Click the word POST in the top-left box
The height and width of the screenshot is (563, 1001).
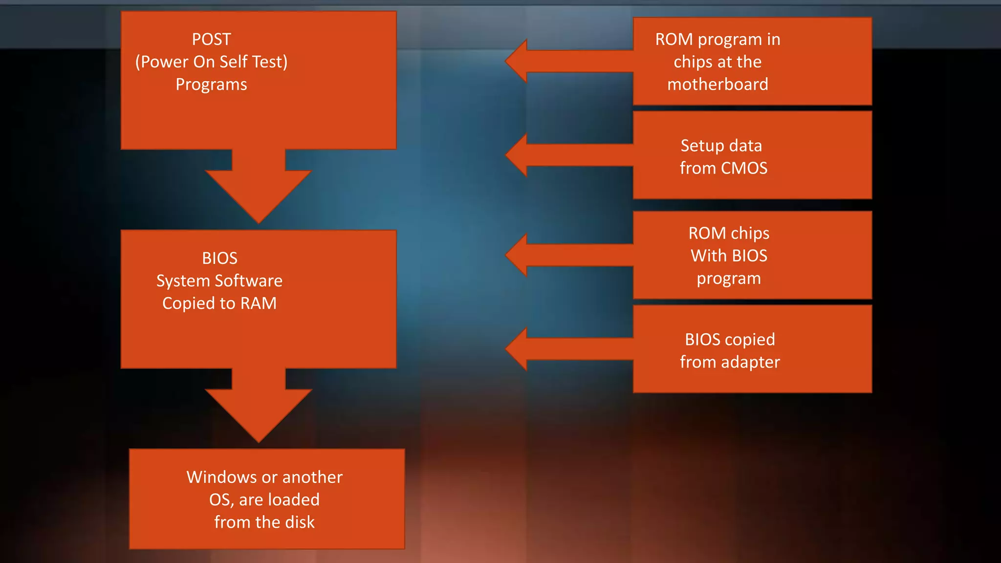(211, 39)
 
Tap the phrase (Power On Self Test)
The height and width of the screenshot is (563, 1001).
(211, 62)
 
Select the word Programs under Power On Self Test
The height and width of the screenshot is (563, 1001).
(211, 85)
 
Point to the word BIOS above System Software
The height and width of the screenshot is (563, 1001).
(219, 258)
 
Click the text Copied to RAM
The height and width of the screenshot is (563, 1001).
(219, 303)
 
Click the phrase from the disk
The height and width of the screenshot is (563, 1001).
(264, 522)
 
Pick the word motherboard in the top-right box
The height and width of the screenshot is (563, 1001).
(718, 85)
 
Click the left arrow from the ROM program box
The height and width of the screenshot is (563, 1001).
(562, 61)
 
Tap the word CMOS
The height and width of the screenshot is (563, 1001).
(744, 168)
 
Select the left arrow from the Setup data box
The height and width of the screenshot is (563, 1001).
(562, 155)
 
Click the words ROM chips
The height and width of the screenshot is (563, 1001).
(729, 233)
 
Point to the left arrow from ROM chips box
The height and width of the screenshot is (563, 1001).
(562, 255)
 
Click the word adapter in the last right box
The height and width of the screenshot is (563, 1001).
(750, 362)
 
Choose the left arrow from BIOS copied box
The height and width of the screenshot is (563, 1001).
(562, 349)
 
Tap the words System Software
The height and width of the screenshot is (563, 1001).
(219, 281)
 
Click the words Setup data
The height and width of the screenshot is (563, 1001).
(721, 146)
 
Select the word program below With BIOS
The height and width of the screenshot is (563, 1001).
(729, 279)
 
